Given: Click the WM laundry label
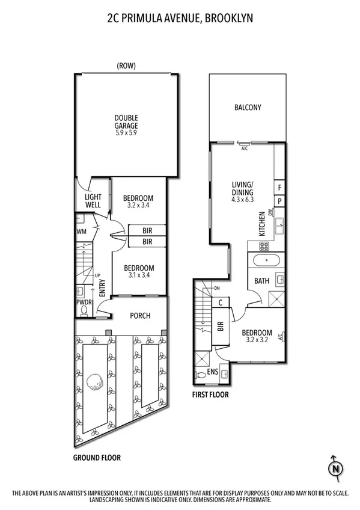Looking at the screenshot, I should pos(81,231).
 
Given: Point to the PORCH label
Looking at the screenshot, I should pos(140,316).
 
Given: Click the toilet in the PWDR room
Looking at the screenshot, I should pos(85,310).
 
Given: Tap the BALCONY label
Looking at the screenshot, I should pos(247,108).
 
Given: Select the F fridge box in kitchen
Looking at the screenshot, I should pos(279,187).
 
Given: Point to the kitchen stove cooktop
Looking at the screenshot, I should pos(265,246).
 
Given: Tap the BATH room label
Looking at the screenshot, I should pos(261,280).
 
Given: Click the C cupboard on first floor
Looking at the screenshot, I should pos(221,303).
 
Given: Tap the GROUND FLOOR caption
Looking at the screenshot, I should pos(97,457).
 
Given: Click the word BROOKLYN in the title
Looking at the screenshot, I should pos(228,19).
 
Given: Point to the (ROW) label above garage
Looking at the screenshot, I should pos(126,66).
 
